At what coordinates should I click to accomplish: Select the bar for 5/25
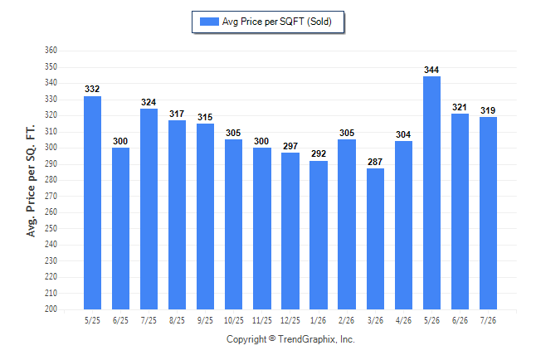coord(92,202)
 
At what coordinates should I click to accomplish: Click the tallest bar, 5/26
coord(431,192)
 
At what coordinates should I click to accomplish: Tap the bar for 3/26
coord(375,239)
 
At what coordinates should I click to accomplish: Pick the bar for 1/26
coord(319,236)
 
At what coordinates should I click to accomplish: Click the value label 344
coord(431,70)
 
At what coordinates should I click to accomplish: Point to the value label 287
coord(375,162)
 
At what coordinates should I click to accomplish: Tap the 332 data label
coord(92,89)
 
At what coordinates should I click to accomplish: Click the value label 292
coord(319,153)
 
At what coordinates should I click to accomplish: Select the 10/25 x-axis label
coord(234,320)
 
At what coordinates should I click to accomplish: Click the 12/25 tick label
coord(290,320)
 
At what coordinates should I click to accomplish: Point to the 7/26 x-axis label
coord(488,320)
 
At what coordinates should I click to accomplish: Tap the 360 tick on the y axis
coord(51,51)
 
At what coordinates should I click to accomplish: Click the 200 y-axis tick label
coord(51,309)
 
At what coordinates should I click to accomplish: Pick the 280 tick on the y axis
coord(51,179)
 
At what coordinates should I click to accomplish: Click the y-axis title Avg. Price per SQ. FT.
coord(31,181)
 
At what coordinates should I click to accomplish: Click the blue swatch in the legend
coord(209,22)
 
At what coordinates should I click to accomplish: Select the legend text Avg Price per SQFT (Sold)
coord(277,22)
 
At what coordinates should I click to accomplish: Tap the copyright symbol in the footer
coord(272,338)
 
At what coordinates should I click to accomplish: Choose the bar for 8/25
coord(177,215)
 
